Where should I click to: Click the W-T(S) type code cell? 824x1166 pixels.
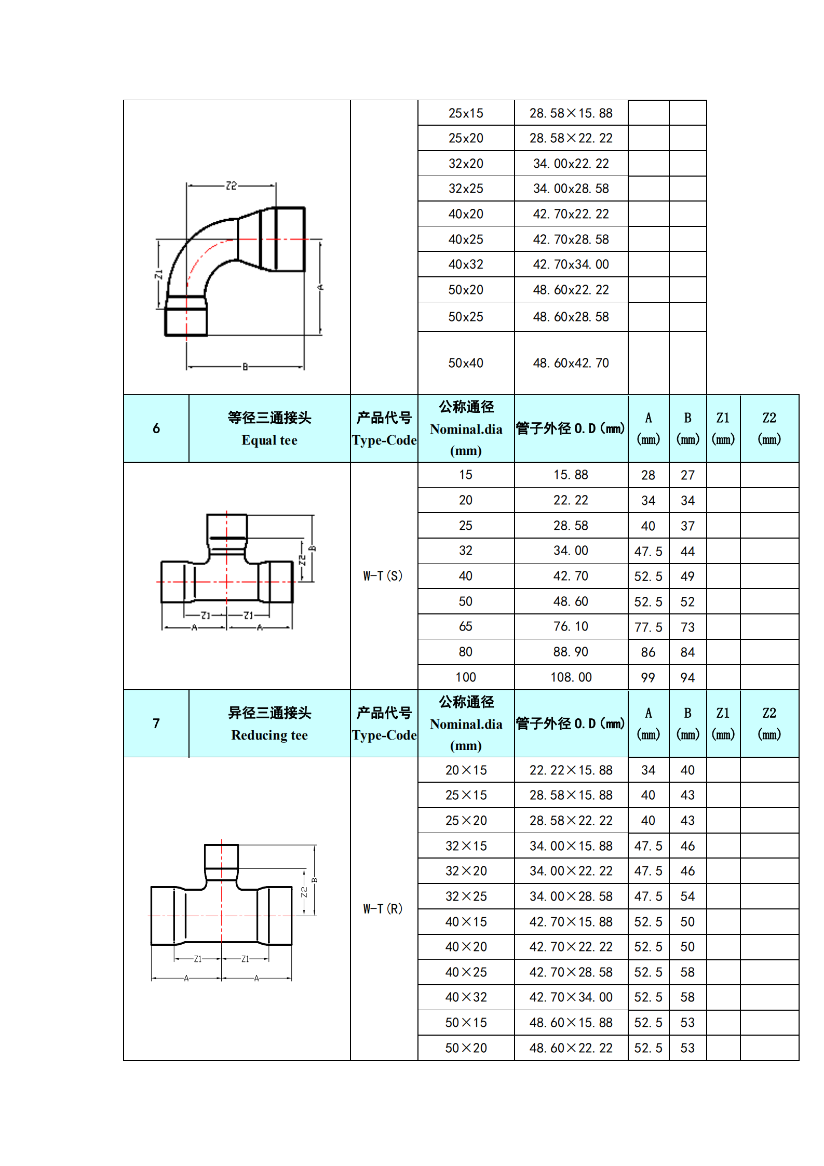[383, 575]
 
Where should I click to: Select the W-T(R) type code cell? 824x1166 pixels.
[383, 908]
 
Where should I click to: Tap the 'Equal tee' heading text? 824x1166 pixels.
[269, 440]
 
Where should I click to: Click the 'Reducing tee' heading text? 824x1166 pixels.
[269, 735]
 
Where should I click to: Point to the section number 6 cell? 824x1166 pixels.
[156, 428]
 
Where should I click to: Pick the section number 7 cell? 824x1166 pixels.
[156, 723]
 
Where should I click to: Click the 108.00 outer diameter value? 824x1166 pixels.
[571, 677]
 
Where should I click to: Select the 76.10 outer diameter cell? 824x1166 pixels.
[571, 626]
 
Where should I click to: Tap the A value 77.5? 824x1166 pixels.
[649, 627]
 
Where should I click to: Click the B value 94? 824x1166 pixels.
[688, 677]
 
